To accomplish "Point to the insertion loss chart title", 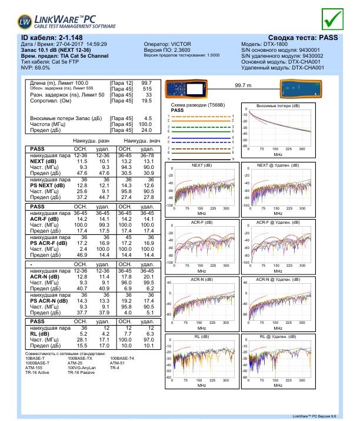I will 278,105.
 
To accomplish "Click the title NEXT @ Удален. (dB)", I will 278,165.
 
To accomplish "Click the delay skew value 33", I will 149,95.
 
